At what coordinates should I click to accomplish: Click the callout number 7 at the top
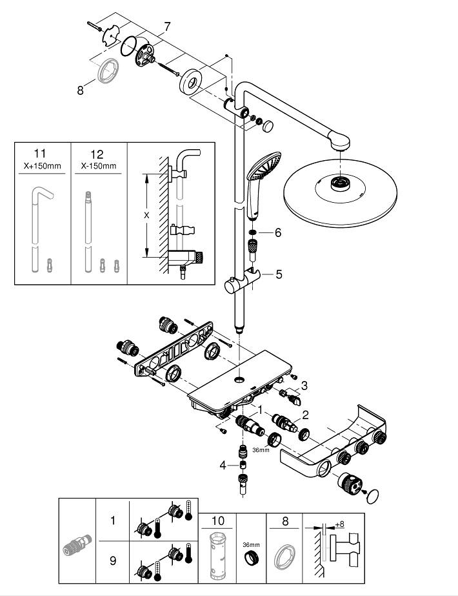point(167,26)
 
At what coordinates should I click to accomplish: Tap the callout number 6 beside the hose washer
point(278,232)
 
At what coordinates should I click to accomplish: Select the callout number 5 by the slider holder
point(279,274)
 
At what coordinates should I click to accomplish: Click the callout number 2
point(306,415)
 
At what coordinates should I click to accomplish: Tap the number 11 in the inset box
point(40,154)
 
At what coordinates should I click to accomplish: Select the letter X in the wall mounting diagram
point(146,214)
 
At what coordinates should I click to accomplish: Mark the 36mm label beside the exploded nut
point(261,449)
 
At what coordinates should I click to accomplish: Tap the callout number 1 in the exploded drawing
point(259,408)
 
